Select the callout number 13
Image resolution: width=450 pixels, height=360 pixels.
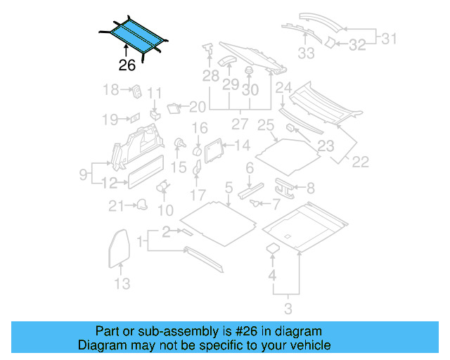pos(122,283)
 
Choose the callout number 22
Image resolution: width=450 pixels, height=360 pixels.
pos(360,162)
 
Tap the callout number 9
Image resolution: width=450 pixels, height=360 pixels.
pos(83,173)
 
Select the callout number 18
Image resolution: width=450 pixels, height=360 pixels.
pos(110,89)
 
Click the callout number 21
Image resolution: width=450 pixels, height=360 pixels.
pos(115,205)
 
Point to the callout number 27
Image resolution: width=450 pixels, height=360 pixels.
pos(240,124)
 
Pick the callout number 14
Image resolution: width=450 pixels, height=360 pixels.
pos(242,146)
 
